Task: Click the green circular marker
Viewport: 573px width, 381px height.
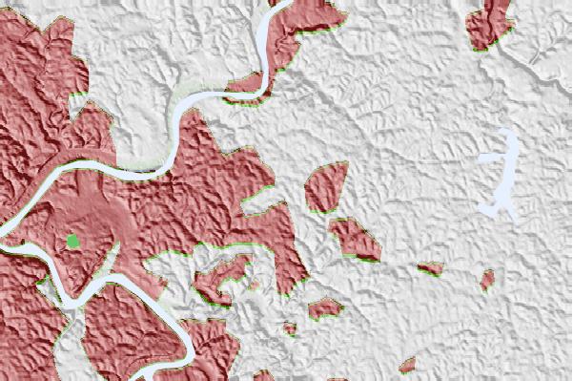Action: click(72, 242)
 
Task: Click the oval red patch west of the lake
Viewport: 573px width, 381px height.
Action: click(326, 185)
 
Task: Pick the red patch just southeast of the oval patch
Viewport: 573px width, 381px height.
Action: click(355, 239)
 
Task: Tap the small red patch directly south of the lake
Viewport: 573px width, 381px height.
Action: click(487, 280)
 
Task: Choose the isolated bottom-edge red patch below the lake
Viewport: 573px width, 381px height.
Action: click(409, 365)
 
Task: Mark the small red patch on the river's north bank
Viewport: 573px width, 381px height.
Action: click(247, 84)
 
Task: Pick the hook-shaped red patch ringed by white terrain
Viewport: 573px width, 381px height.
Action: click(220, 278)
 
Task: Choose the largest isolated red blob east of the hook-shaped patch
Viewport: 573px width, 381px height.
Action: click(325, 307)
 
